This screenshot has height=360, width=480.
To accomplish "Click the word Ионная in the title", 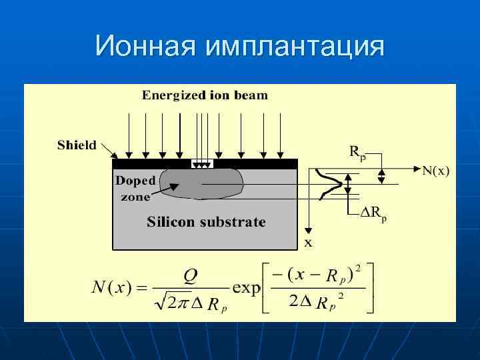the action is click(146, 46).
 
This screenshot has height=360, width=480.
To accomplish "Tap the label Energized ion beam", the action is click(205, 95).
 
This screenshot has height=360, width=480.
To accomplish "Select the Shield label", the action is click(77, 145).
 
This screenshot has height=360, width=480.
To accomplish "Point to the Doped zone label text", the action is click(135, 188).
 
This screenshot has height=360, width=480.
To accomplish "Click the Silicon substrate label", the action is click(206, 222).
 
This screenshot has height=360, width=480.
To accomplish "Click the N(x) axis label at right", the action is click(436, 171).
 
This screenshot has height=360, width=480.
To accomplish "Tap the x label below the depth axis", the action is click(308, 243).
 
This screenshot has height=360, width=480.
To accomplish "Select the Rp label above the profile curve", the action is click(357, 151).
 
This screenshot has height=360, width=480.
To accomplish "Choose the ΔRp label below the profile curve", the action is click(373, 214).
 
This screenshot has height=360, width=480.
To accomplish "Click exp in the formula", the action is click(247, 289).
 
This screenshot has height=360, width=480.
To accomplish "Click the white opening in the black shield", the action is click(200, 163).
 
